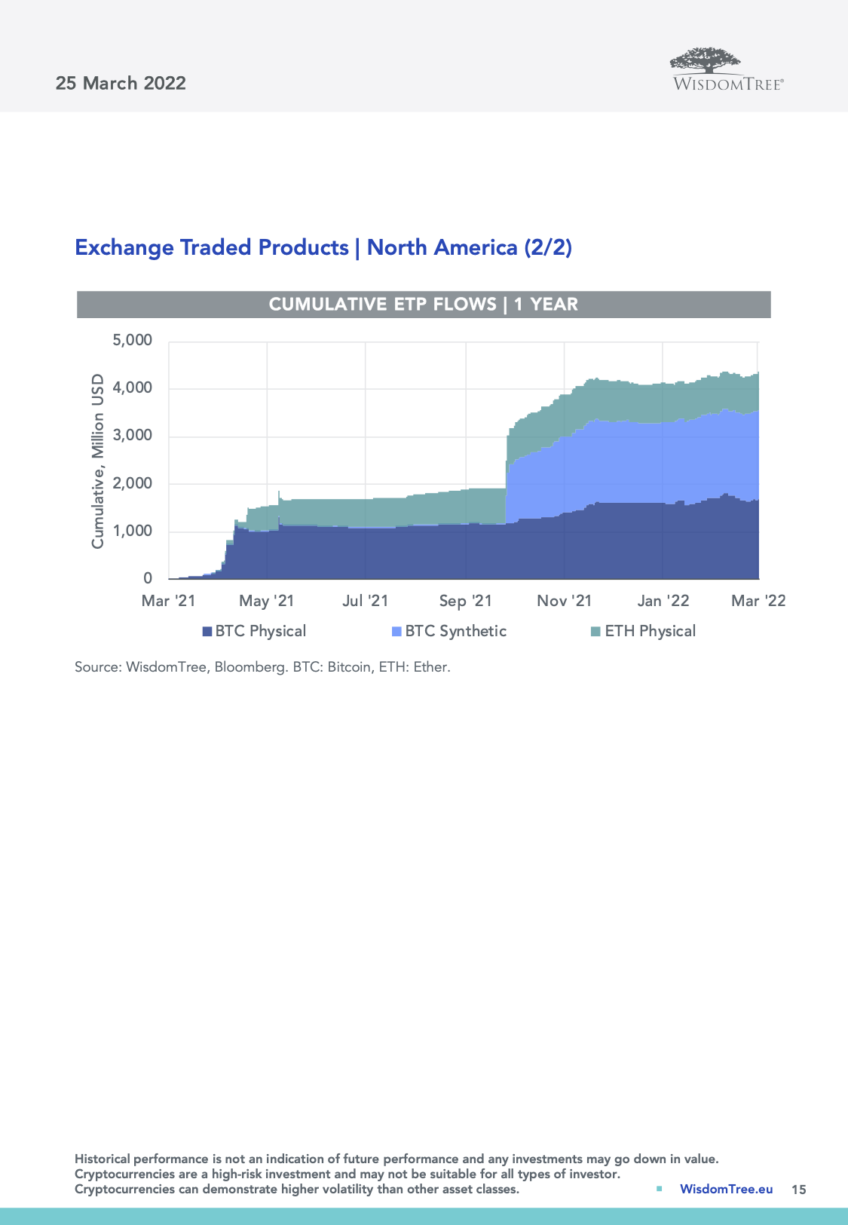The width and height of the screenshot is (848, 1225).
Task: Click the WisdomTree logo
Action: (727, 70)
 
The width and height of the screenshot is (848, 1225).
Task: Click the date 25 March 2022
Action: (121, 83)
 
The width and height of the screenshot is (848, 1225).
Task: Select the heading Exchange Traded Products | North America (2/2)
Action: (323, 247)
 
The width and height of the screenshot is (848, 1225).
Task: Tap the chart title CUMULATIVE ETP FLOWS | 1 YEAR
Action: (424, 305)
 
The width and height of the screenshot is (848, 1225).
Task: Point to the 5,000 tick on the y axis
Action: (133, 341)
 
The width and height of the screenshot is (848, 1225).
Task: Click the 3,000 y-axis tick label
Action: (133, 436)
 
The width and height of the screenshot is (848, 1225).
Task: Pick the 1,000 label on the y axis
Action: (133, 531)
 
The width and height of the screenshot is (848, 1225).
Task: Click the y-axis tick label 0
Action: (148, 578)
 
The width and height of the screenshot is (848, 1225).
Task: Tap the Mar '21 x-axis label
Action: (168, 601)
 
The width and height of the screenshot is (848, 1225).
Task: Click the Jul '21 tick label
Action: (365, 601)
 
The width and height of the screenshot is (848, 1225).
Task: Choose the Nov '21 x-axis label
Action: (564, 601)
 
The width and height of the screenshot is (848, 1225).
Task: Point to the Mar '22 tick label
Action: (758, 601)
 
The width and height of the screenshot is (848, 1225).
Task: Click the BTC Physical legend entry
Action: (254, 631)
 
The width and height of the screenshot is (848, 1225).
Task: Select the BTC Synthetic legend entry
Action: (449, 631)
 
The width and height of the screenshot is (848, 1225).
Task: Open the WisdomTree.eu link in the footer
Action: (726, 1189)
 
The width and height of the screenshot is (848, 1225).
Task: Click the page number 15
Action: (798, 1190)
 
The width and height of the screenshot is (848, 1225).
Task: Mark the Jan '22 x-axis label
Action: (663, 601)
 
